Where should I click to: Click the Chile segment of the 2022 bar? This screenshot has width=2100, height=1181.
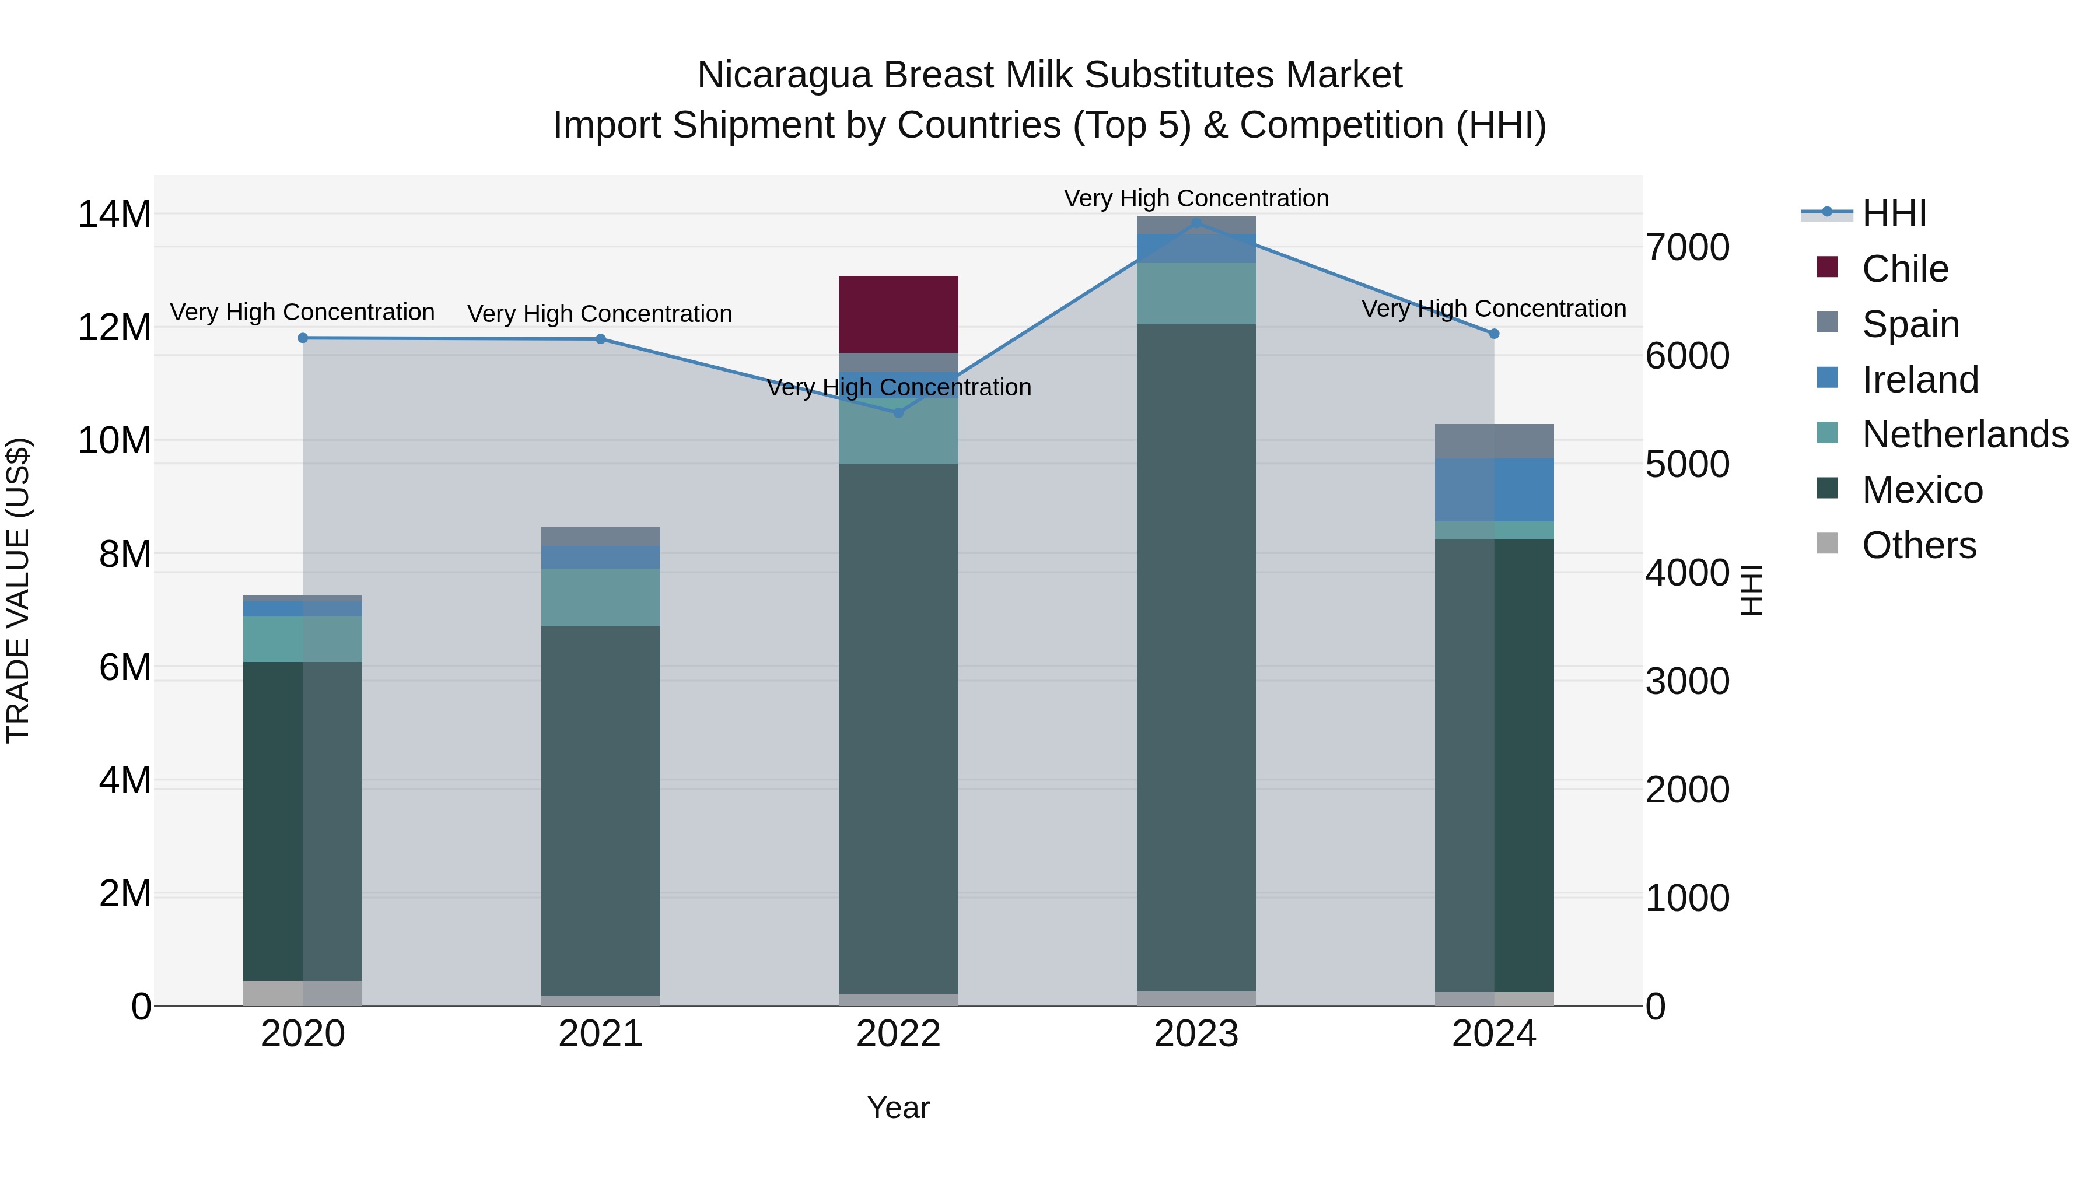898,314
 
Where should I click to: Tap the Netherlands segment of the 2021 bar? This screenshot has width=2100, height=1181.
601,597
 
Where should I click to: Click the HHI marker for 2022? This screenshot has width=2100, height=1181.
898,412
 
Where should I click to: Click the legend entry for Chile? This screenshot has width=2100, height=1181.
1905,269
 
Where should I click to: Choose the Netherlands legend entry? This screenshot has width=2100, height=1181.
1965,434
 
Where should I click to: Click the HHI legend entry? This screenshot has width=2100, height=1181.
1894,213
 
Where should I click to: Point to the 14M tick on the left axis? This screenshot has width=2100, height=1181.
114,215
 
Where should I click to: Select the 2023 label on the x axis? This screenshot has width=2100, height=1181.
1196,1034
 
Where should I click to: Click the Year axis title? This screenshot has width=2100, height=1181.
898,1108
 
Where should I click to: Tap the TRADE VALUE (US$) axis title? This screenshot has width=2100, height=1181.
18,590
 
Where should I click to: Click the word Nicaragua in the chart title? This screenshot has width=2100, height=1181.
784,75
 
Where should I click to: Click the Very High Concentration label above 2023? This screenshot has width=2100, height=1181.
1196,198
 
